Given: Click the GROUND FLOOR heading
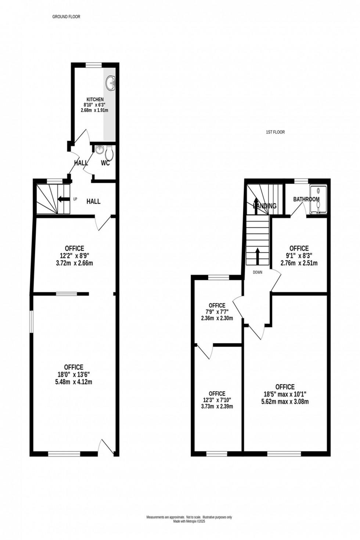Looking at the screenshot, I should [66, 17].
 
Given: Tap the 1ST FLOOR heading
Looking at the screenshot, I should [275, 132].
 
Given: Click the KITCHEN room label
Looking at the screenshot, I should [95, 100].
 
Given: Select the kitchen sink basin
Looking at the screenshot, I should [111, 83].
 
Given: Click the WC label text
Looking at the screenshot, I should [105, 163].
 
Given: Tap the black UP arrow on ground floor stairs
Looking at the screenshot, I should [63, 199].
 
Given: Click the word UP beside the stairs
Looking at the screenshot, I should [75, 199].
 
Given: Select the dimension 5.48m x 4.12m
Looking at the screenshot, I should [73, 382].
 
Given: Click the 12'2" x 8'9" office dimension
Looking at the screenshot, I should [74, 256].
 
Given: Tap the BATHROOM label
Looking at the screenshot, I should [306, 199].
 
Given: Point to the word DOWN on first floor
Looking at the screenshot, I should [258, 273].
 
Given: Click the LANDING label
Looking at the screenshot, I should [265, 206].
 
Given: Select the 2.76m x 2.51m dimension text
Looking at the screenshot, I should [299, 263].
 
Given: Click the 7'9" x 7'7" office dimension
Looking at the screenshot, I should [217, 312].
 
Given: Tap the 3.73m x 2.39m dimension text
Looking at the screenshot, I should [217, 406].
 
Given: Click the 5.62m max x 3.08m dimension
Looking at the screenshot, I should [285, 402].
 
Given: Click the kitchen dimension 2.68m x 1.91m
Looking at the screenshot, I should [95, 110].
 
